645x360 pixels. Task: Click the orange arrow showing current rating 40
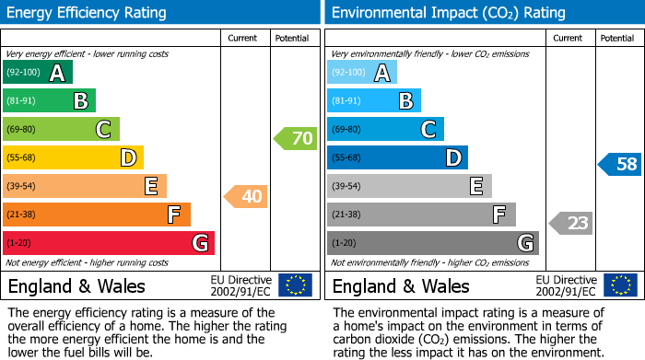coord(245,196)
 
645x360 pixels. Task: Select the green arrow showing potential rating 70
coord(295,139)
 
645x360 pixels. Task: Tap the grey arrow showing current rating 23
coord(570,223)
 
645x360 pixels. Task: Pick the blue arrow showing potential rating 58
coord(620,165)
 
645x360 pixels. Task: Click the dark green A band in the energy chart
coord(37,73)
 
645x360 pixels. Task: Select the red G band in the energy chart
coord(108,243)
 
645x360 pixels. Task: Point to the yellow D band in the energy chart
coord(73,158)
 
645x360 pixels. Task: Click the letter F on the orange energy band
coord(173,215)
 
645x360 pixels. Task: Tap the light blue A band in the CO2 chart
coord(362,73)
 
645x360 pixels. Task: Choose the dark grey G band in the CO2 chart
coord(432,243)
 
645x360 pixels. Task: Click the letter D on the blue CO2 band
coord(452,158)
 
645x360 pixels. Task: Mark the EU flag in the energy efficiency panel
coord(295,285)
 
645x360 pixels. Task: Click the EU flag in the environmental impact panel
coord(619,285)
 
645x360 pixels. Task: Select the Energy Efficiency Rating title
coord(88,13)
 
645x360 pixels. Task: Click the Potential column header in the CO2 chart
coord(617,38)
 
